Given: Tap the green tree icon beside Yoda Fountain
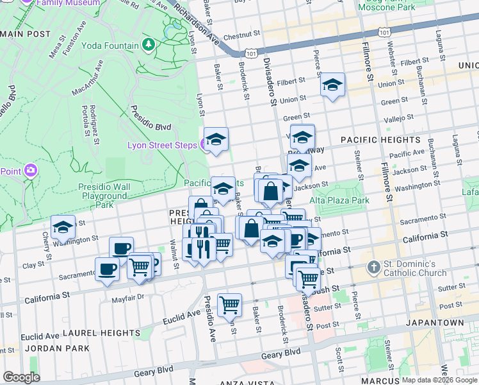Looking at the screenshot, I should (x=149, y=44).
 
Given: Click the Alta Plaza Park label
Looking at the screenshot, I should (x=339, y=200).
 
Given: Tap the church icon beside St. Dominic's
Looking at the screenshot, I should (x=374, y=266).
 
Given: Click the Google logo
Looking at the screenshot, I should (x=21, y=377).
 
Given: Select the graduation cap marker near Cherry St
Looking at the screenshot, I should (x=63, y=227).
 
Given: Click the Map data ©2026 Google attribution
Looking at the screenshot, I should (x=440, y=380).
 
